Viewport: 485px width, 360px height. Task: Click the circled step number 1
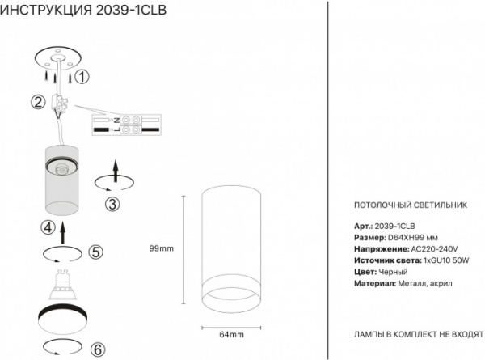pyautogui.click(x=82, y=77)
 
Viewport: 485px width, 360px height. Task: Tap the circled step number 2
pyautogui.click(x=38, y=102)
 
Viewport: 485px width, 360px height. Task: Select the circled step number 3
pyautogui.click(x=112, y=205)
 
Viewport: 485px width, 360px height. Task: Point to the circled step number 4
pyautogui.click(x=48, y=228)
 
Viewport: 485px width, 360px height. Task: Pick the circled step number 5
pyautogui.click(x=95, y=252)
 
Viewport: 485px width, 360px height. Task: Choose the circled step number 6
pyautogui.click(x=98, y=349)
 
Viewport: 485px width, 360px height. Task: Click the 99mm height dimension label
pyautogui.click(x=162, y=248)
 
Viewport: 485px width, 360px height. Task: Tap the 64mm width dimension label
pyautogui.click(x=231, y=335)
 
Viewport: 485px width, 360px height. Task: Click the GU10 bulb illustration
pyautogui.click(x=64, y=285)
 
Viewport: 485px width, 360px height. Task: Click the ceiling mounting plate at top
pyautogui.click(x=58, y=61)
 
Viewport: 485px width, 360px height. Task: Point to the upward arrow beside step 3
pyautogui.click(x=116, y=172)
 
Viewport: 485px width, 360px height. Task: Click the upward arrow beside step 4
pyautogui.click(x=62, y=233)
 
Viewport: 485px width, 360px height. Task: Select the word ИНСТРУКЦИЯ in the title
pyautogui.click(x=46, y=11)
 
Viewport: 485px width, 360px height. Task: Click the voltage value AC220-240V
pyautogui.click(x=434, y=249)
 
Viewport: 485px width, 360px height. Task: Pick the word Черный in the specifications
pyautogui.click(x=393, y=272)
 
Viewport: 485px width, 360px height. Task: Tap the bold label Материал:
pyautogui.click(x=375, y=283)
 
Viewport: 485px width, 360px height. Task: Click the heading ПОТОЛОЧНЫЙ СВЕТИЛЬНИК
pyautogui.click(x=411, y=205)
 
